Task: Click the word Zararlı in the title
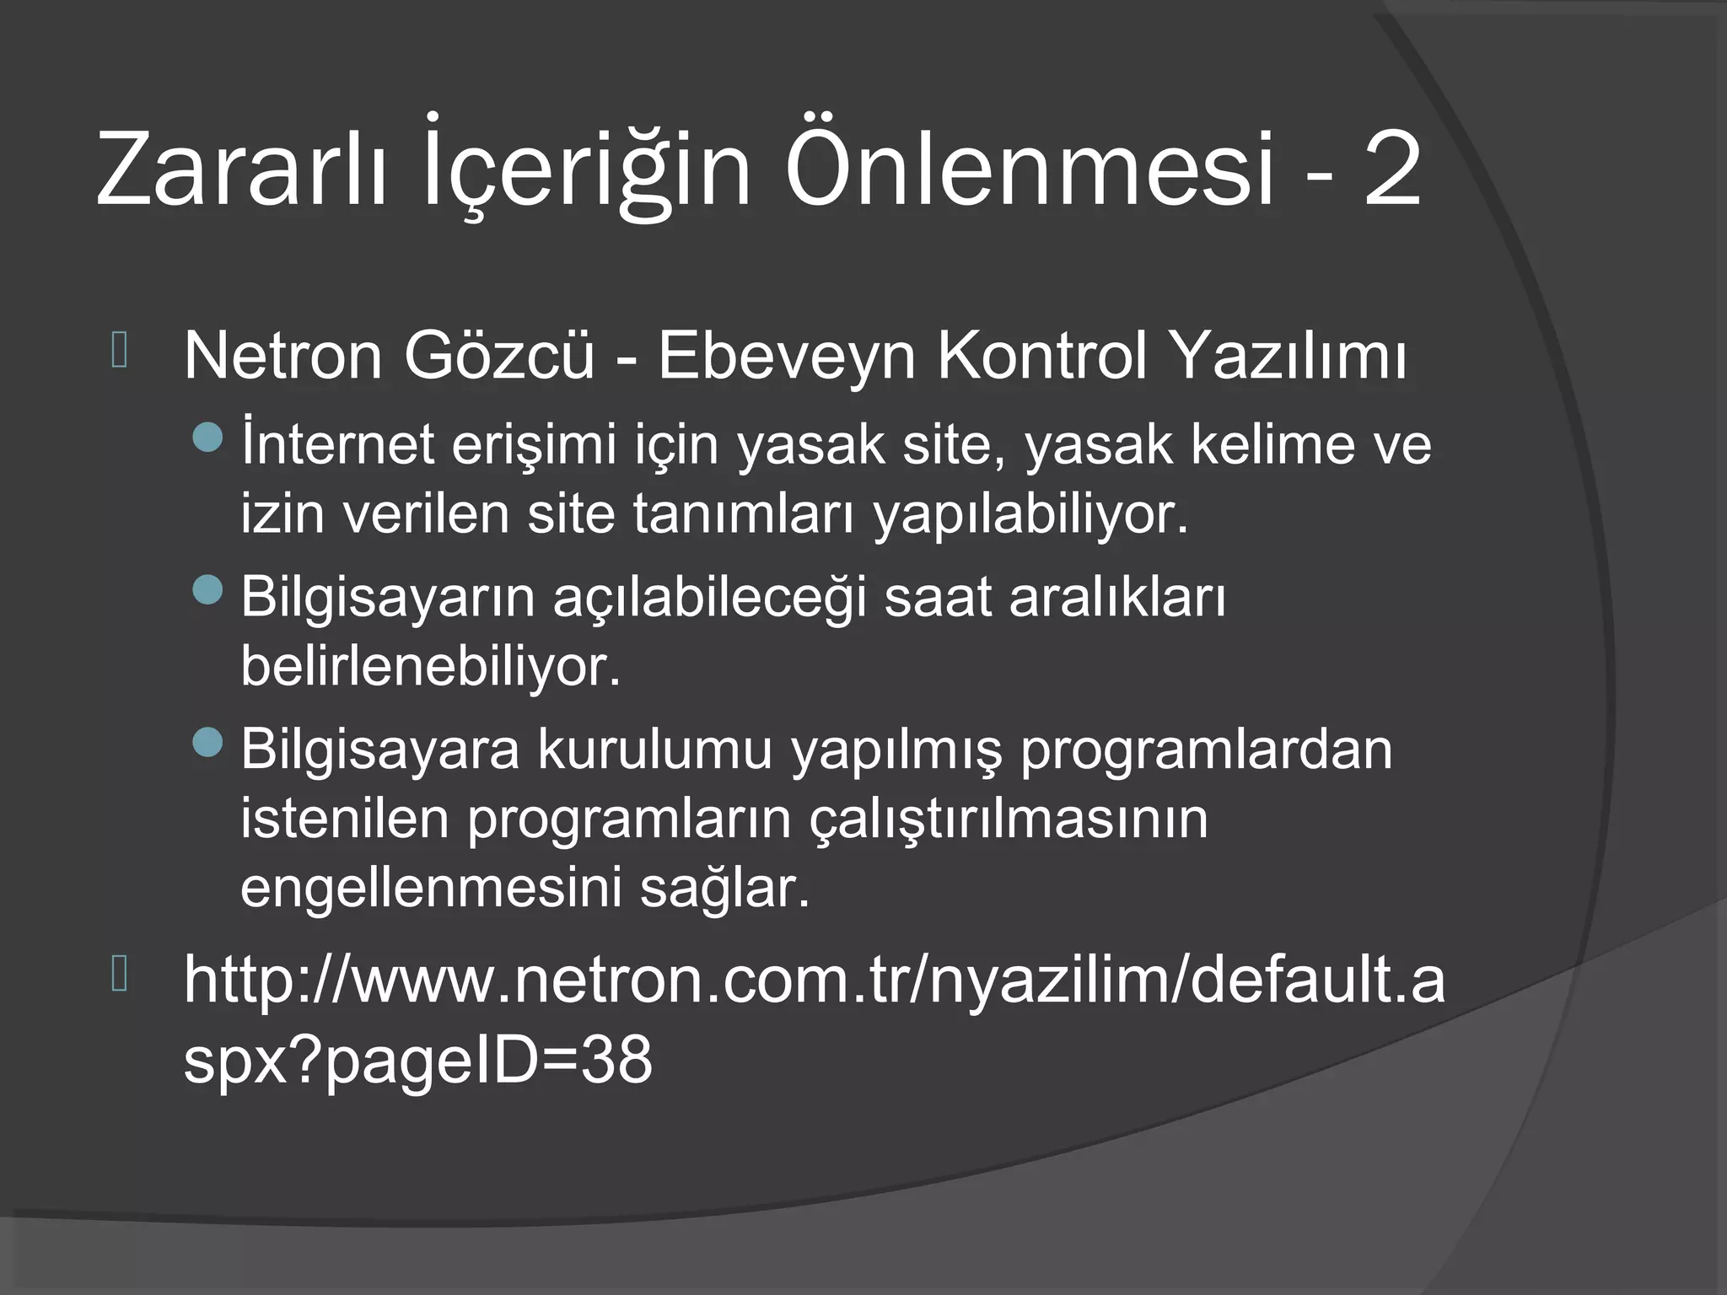[x=241, y=169]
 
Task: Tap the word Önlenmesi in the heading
[x=1029, y=169]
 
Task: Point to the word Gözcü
[x=499, y=356]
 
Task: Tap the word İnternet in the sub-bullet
[x=337, y=444]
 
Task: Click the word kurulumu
[x=654, y=749]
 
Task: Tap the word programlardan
[x=1206, y=749]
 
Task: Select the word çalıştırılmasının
[x=1009, y=818]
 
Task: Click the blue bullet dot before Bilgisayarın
[x=207, y=589]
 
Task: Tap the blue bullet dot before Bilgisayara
[x=207, y=741]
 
